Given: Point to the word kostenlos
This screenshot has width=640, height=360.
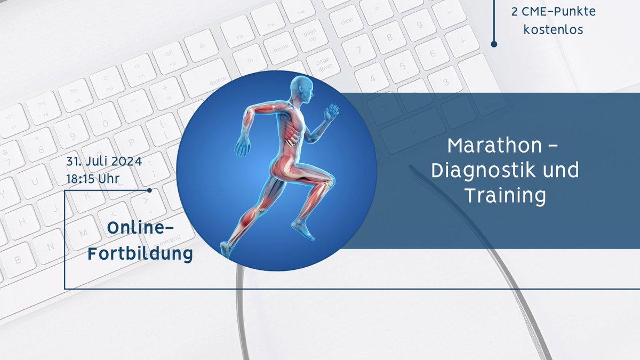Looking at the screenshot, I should coord(553,29).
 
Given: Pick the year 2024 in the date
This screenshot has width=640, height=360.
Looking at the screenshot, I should coord(126,161).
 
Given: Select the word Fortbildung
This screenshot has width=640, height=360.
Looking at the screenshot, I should coord(140,254).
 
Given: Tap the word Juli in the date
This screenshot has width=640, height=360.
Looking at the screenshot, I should coord(96,161).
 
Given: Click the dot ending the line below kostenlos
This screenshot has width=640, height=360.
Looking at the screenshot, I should coord(494,44).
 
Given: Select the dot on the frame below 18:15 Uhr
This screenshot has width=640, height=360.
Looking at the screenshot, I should coord(149,190).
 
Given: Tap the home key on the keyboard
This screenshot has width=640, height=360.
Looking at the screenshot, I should coord(281,47).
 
